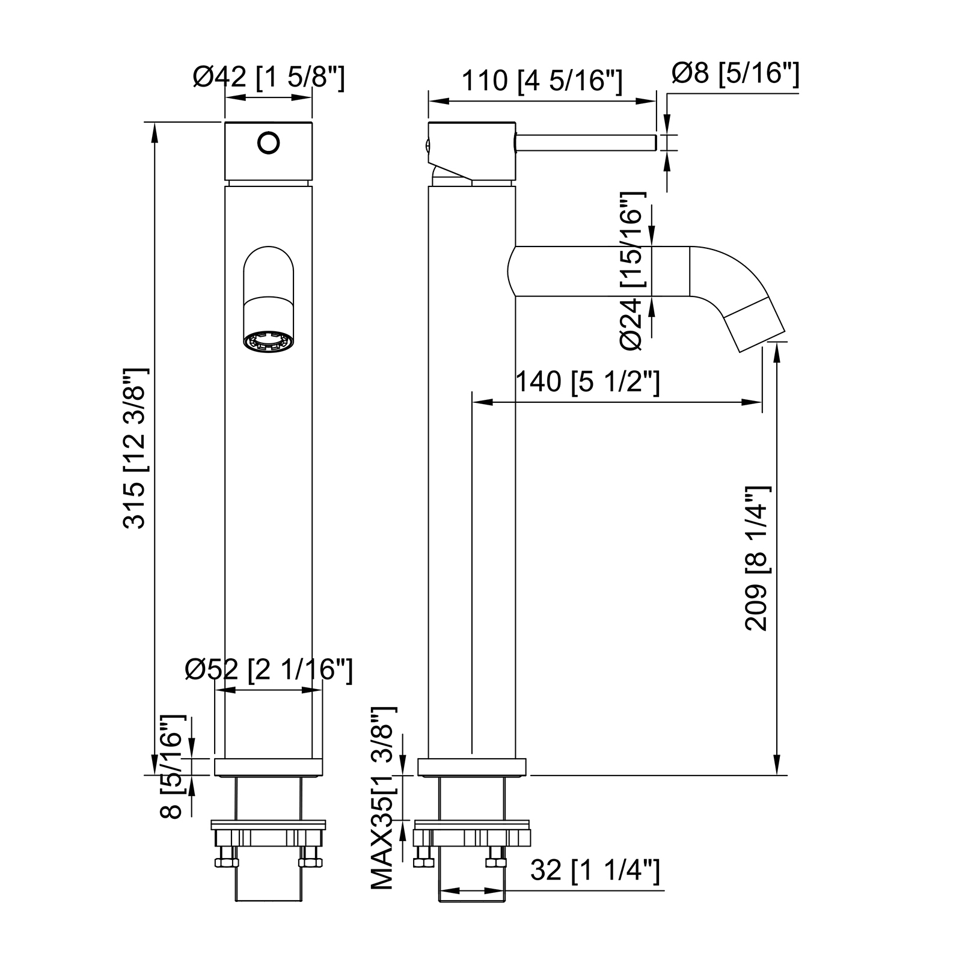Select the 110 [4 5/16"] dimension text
click(542, 81)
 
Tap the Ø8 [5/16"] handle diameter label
click(735, 75)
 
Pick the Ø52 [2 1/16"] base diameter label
click(269, 670)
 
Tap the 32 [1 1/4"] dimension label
click(595, 870)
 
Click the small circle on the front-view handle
click(269, 142)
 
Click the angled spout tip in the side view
click(755, 324)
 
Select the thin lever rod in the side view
click(586, 143)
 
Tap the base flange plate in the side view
click(472, 767)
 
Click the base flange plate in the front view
click(268, 767)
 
